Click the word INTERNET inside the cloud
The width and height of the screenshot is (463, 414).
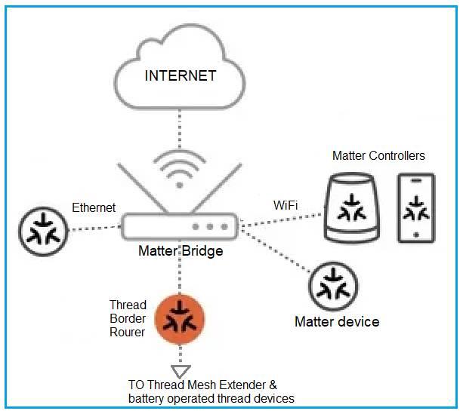[180, 75]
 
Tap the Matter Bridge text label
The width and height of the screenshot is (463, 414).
[181, 250]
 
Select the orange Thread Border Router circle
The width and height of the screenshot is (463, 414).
[180, 319]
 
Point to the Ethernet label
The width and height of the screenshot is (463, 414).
[94, 207]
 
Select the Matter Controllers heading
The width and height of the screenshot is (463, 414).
[378, 156]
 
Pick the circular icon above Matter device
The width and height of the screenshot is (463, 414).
[333, 287]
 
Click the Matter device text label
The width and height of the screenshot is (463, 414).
[336, 322]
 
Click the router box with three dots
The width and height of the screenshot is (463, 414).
[180, 225]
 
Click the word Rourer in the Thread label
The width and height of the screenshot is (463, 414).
[127, 332]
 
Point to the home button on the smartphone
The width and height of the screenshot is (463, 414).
[416, 235]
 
